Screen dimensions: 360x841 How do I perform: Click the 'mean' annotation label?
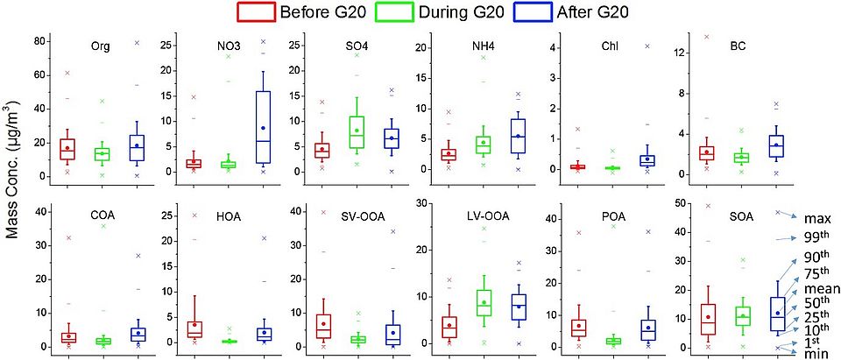pos(823,288)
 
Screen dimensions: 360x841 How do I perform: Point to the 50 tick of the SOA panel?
pos(671,204)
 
